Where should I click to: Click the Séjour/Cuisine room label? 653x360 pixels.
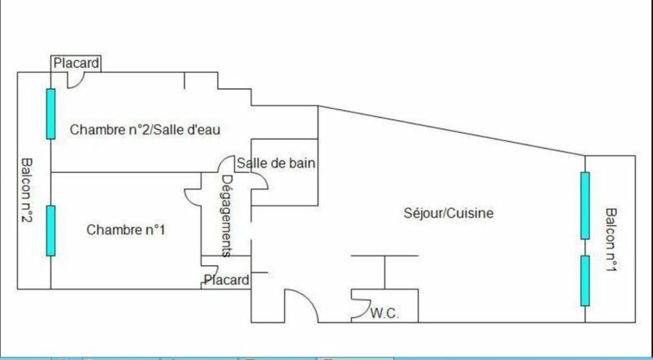click(x=449, y=213)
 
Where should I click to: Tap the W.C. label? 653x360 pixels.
click(x=384, y=313)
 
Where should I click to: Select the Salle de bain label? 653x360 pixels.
click(x=276, y=163)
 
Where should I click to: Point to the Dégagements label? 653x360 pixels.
click(x=227, y=216)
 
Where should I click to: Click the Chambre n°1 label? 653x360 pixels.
click(x=126, y=230)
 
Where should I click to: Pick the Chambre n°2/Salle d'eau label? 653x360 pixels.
click(x=145, y=130)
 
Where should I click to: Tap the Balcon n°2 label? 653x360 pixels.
click(x=27, y=191)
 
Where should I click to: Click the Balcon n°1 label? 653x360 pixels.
click(x=611, y=240)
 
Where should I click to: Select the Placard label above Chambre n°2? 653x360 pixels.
click(x=76, y=63)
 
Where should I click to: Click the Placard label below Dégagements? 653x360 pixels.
click(x=227, y=280)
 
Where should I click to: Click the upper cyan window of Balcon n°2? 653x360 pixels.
click(x=51, y=114)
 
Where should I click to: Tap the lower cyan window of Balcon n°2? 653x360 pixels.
click(x=51, y=231)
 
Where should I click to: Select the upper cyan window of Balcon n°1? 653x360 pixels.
click(x=585, y=205)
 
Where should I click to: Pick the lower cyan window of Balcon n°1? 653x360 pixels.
click(x=585, y=280)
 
